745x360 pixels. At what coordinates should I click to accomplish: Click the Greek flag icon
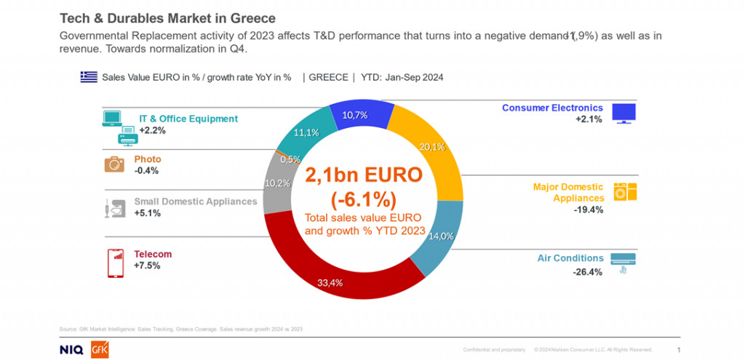point(89,76)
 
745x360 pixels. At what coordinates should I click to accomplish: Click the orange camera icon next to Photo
point(114,164)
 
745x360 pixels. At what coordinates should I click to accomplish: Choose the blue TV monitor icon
point(624,113)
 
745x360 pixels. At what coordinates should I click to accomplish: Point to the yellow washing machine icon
point(625,191)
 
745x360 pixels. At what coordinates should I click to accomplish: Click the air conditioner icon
point(623,260)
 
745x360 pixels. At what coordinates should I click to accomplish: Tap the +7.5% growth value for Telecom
point(146,265)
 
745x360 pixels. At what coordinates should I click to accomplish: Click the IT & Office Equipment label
point(188,119)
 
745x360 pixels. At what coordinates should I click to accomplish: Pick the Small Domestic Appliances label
point(195,201)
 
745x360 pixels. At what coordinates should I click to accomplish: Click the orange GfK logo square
point(100,349)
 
